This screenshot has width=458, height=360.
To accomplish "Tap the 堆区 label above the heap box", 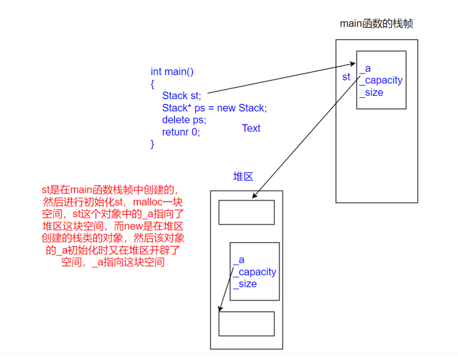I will [243, 176].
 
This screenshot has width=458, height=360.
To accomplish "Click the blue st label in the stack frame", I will [346, 77].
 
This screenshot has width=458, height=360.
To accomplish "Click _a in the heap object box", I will [239, 260].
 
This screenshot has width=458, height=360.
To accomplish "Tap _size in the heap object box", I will [245, 284].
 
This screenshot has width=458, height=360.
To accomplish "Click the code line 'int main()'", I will [172, 72].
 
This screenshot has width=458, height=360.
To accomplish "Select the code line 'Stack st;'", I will [182, 96].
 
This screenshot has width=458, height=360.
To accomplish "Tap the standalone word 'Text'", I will [251, 128].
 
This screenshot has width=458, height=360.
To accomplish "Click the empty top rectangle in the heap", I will [246, 213].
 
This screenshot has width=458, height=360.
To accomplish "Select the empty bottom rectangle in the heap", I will [246, 324].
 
